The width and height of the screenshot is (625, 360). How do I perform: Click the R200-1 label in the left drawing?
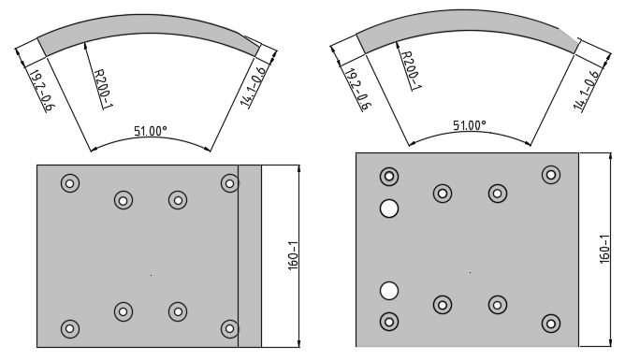[103, 89]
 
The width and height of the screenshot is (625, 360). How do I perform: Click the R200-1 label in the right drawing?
[411, 70]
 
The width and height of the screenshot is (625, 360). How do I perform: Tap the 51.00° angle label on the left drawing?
[151, 131]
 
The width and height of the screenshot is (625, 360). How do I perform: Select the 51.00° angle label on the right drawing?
[469, 125]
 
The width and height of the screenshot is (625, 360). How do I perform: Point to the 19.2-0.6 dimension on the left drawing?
[42, 91]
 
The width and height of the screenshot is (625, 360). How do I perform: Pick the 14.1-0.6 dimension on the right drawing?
[586, 90]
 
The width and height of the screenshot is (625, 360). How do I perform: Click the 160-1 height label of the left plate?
[293, 255]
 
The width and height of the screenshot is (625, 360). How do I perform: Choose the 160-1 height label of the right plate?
[604, 249]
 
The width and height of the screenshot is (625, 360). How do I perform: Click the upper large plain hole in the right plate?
[389, 209]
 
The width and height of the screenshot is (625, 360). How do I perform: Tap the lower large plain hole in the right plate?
[389, 291]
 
